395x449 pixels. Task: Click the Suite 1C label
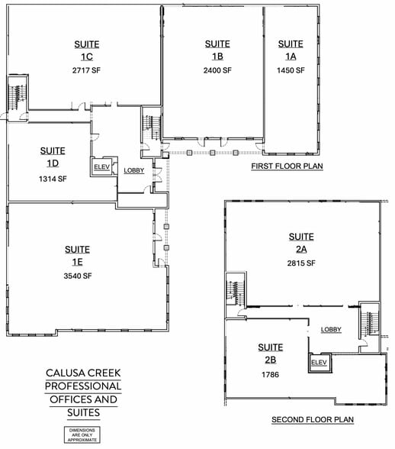(x=87, y=50)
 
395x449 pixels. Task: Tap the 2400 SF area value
(x=217, y=70)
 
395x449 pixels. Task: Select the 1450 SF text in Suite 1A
(x=291, y=70)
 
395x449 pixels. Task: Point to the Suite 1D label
(x=53, y=157)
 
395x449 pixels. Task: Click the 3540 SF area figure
(x=78, y=276)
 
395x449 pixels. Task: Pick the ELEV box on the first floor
(x=102, y=166)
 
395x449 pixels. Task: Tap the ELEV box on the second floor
(x=320, y=363)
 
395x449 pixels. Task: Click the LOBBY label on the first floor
(x=134, y=171)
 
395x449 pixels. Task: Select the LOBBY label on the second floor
(x=331, y=330)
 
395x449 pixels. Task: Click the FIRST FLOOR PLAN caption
(x=287, y=166)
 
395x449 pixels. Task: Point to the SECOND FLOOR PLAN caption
(x=313, y=420)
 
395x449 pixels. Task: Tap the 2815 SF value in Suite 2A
(x=301, y=263)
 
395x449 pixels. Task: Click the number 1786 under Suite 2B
(x=270, y=374)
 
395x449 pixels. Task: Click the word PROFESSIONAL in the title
(x=83, y=386)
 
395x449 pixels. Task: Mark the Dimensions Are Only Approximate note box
(x=82, y=435)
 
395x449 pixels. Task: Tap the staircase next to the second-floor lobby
(x=370, y=322)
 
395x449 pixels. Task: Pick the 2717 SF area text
(x=86, y=70)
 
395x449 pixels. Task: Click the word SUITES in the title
(x=84, y=412)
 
